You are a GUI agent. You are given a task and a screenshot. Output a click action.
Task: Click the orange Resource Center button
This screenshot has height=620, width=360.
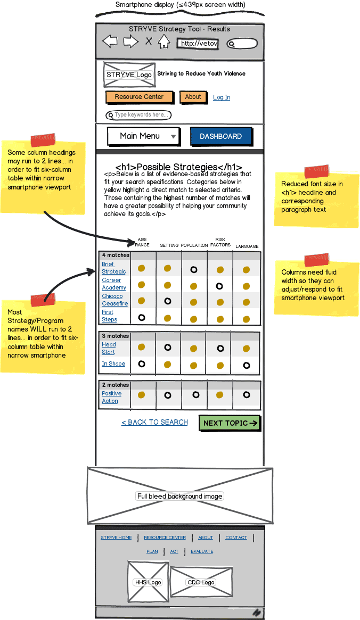pyautogui.click(x=140, y=97)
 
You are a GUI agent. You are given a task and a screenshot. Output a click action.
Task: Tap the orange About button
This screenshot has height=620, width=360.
pyautogui.click(x=193, y=97)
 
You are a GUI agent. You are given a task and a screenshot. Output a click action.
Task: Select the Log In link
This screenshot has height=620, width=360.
pyautogui.click(x=222, y=97)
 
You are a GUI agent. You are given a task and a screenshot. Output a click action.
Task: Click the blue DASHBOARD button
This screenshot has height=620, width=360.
pyautogui.click(x=220, y=137)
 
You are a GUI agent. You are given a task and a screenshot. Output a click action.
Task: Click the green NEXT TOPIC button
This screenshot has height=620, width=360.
pyautogui.click(x=230, y=423)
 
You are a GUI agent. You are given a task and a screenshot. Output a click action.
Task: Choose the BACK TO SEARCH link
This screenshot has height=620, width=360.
pyautogui.click(x=154, y=422)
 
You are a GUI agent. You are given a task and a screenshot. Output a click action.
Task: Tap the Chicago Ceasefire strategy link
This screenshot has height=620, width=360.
pyautogui.click(x=114, y=300)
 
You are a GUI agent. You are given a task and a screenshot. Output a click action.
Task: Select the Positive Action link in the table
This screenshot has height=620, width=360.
pyautogui.click(x=111, y=397)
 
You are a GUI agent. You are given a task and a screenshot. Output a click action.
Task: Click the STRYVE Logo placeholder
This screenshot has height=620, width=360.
pyautogui.click(x=129, y=75)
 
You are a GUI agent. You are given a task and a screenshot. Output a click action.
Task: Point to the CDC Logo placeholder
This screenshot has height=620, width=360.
pyautogui.click(x=201, y=582)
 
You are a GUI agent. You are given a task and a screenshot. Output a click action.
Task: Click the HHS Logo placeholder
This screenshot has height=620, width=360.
pyautogui.click(x=148, y=582)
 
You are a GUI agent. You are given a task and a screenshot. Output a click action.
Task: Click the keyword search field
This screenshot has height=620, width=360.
pyautogui.click(x=140, y=115)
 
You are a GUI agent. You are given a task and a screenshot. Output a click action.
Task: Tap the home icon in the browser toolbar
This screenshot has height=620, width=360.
pyautogui.click(x=163, y=42)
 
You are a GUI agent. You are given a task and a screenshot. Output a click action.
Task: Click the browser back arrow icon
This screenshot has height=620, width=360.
pyautogui.click(x=110, y=42)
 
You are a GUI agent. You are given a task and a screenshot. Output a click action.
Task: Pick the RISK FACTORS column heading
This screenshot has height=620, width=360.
pyautogui.click(x=220, y=242)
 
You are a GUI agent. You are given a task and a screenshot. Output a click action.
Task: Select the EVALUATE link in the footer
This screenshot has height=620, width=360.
pyautogui.click(x=202, y=551)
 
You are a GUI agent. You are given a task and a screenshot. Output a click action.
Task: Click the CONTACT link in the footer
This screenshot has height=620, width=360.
pyautogui.click(x=236, y=538)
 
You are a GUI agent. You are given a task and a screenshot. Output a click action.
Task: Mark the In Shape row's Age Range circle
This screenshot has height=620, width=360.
pyautogui.click(x=141, y=364)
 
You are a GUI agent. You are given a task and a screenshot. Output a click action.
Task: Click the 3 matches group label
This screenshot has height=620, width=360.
pyautogui.click(x=116, y=336)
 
